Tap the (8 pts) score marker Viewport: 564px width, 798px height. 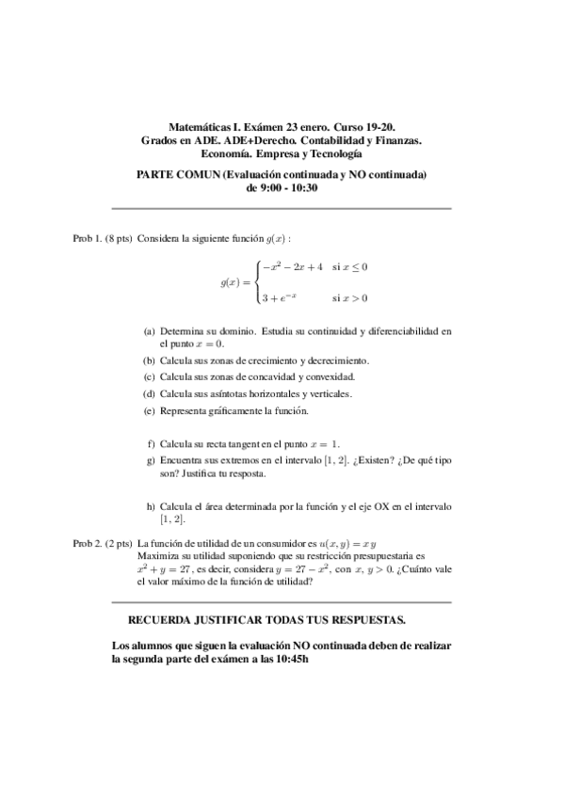[119, 239]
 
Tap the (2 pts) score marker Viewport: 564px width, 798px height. [119, 544]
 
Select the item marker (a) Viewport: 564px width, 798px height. [150, 332]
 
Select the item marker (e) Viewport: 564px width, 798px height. [150, 411]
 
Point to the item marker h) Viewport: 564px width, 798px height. [151, 506]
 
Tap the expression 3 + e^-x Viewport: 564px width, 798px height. [280, 298]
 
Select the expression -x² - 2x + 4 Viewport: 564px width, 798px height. [293, 267]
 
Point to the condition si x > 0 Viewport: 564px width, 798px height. [349, 298]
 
